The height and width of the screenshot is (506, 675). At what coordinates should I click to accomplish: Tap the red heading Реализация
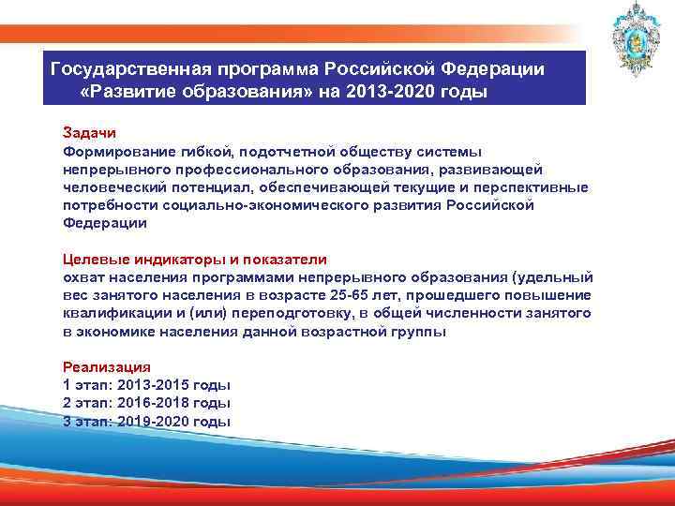coord(106,367)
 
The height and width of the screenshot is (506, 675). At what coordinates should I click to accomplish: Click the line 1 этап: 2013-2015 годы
coord(146,385)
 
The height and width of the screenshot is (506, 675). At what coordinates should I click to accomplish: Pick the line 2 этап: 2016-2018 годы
coord(146,403)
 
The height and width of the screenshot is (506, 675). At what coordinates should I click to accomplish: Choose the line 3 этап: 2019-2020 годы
coord(146,421)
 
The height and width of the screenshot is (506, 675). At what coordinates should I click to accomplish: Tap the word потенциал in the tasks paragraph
coord(226,187)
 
